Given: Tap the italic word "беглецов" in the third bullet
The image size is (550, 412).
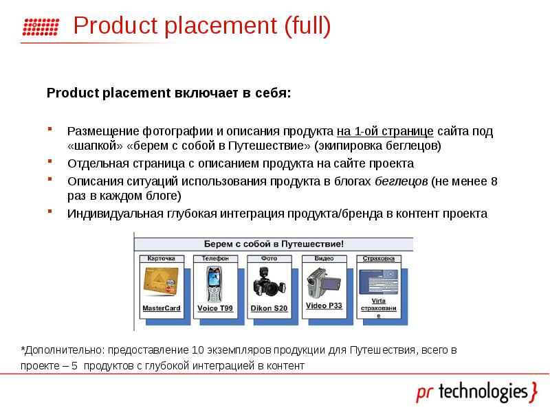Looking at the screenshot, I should point(402,181).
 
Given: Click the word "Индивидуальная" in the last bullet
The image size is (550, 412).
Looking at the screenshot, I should point(110,214).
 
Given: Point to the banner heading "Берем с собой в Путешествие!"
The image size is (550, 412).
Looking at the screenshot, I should point(274,244).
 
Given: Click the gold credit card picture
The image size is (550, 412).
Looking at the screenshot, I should point(160,282).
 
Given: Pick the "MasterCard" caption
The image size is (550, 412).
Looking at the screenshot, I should point(161,308).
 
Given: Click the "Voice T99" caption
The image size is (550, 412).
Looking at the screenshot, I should point(215,309).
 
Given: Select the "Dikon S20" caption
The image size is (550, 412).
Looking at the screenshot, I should point(269,309).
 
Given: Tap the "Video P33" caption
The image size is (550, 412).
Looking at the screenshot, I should point(324,305).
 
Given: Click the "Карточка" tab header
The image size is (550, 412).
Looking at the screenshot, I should point(162,259).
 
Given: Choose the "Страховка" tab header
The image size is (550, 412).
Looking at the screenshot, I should point(378,259).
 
